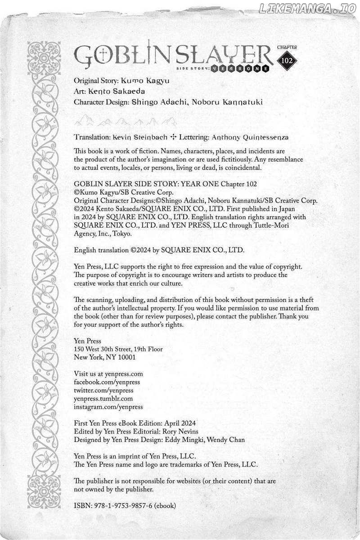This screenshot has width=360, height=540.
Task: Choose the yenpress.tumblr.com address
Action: point(103,398)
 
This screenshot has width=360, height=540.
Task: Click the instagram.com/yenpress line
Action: point(108,406)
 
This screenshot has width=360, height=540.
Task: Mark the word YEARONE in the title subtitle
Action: point(248,68)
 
